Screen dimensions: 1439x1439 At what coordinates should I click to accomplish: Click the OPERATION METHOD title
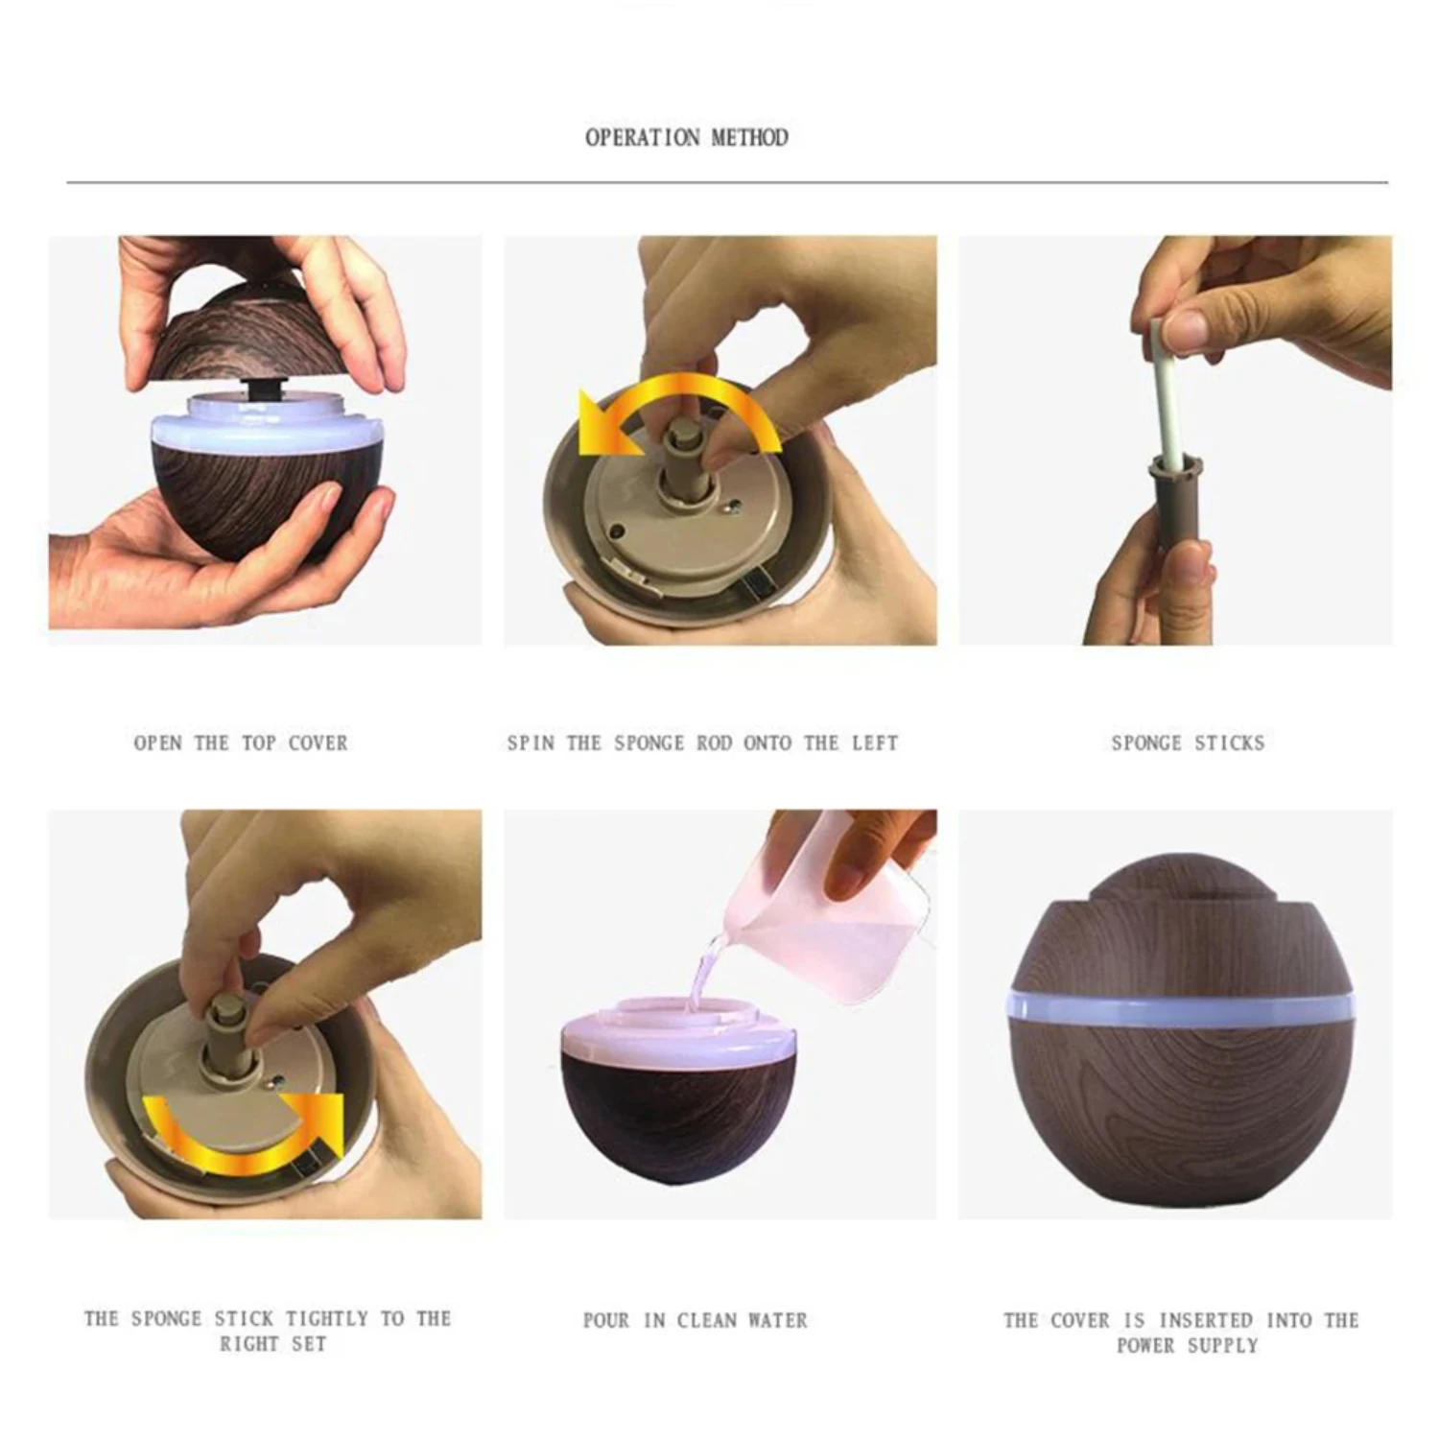(x=687, y=137)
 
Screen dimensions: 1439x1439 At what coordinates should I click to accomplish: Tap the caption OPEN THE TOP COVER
(x=241, y=743)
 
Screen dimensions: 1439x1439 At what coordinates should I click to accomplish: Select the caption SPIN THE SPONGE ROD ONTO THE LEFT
(x=703, y=743)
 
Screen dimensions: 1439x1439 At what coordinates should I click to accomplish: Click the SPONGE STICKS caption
(x=1188, y=743)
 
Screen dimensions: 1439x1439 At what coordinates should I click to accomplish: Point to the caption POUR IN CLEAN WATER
(x=696, y=1320)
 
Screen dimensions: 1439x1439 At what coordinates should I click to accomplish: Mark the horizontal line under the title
(x=727, y=181)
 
